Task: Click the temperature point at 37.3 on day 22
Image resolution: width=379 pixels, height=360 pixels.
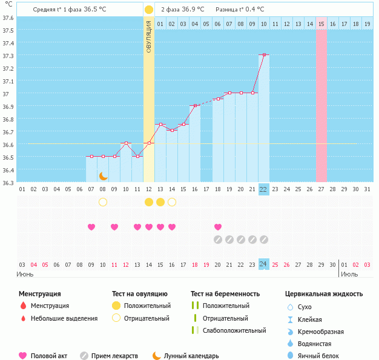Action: [264, 55]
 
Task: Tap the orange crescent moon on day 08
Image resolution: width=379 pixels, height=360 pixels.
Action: [103, 175]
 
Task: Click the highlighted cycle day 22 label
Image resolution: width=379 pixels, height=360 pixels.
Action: [264, 189]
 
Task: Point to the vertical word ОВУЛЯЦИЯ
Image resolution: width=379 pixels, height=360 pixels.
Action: [149, 36]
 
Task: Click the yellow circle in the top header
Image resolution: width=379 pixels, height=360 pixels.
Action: [149, 10]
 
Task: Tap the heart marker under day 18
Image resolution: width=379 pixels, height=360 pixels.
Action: [218, 227]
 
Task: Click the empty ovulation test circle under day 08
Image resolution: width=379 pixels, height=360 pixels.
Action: [103, 201]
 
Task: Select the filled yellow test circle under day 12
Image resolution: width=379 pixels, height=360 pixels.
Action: [149, 201]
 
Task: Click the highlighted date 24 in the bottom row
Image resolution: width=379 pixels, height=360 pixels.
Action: [264, 264]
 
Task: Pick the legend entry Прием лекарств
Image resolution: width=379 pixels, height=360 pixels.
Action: [114, 356]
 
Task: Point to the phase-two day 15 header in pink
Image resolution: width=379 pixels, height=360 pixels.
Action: [321, 24]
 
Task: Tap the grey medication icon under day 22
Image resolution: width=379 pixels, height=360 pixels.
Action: [264, 240]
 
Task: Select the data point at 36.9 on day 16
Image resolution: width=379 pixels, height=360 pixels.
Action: [195, 106]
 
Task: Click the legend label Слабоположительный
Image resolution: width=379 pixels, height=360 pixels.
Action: [234, 330]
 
